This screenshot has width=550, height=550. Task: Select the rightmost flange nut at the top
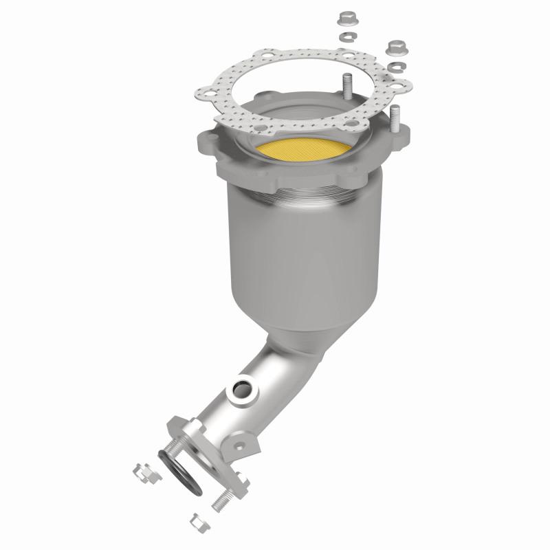(395, 47)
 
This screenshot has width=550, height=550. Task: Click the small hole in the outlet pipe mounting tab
(239, 445)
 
